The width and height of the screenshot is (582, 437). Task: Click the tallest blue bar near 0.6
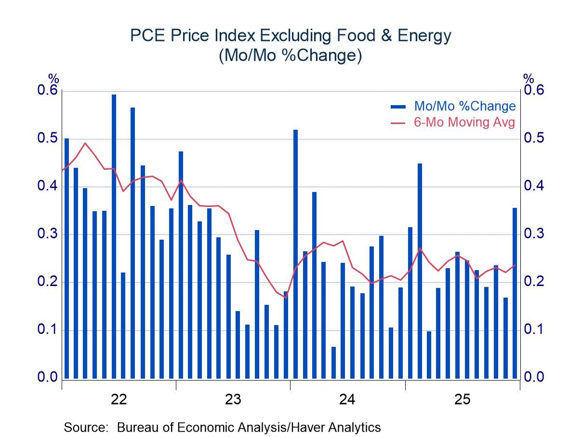114,236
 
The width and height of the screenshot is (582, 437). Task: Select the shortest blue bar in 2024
333,362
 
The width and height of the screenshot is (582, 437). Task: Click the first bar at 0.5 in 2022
66,259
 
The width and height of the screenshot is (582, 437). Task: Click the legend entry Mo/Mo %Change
464,106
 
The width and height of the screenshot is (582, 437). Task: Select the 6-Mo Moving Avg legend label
464,122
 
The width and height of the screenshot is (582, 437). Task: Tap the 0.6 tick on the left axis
47,91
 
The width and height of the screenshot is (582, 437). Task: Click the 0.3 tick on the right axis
533,234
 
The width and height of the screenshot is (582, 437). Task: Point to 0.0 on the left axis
47,378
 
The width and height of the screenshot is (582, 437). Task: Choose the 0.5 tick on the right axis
533,139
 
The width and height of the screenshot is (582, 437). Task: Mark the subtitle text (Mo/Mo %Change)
291,56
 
